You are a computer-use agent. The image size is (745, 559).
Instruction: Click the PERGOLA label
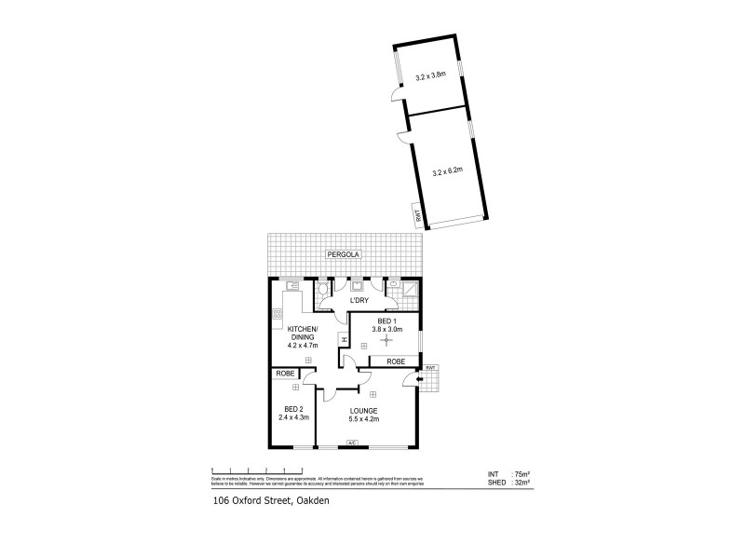click(342, 253)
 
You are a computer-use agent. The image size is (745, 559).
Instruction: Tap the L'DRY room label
click(359, 300)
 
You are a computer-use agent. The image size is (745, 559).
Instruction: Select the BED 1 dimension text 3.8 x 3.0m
click(386, 329)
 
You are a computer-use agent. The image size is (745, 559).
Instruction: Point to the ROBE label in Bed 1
click(394, 361)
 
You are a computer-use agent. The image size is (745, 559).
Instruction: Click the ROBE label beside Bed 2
click(285, 374)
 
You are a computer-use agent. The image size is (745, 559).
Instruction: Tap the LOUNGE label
click(364, 410)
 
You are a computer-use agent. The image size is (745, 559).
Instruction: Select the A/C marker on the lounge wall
click(352, 443)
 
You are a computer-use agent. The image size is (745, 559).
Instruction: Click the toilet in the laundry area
click(322, 290)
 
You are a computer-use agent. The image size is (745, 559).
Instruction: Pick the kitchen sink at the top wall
click(292, 286)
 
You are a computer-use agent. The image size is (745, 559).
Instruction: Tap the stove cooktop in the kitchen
click(277, 315)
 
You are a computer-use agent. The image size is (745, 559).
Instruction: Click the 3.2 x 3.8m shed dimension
click(430, 76)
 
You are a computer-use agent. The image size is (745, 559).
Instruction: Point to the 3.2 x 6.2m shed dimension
click(449, 171)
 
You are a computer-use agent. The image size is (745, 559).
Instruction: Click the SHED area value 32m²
click(522, 483)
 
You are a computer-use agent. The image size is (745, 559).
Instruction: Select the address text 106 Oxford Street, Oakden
click(264, 501)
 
